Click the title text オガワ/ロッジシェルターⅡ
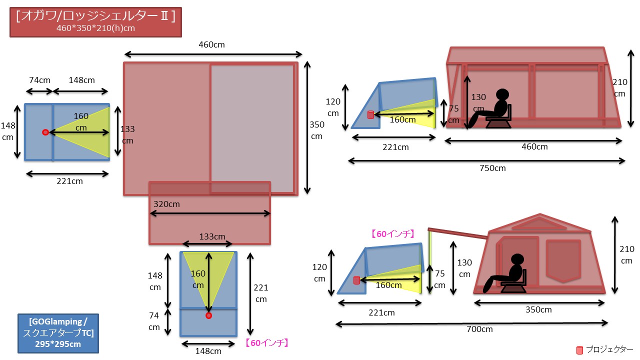[x=95, y=16]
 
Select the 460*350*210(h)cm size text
[x=95, y=28]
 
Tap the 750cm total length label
[x=492, y=168]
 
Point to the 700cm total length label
[x=479, y=329]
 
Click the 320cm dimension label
[x=166, y=204]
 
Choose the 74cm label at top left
[x=39, y=80]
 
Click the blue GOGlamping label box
[x=58, y=333]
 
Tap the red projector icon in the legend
[x=579, y=350]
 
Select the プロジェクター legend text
[x=609, y=349]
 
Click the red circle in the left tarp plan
[x=45, y=132]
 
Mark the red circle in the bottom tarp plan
[x=209, y=315]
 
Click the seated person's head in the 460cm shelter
[x=502, y=94]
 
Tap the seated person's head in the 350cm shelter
[x=517, y=259]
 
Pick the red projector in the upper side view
[x=370, y=115]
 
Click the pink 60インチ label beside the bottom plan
[x=267, y=343]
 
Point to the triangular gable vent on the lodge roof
[x=539, y=223]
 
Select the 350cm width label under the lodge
[x=538, y=309]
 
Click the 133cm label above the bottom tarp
[x=212, y=236]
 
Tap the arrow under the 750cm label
[x=486, y=161]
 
